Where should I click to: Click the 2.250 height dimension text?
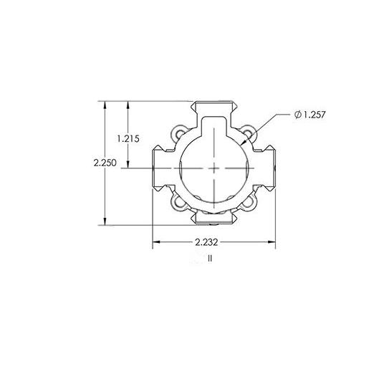[x=105, y=163]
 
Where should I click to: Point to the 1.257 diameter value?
[x=315, y=115]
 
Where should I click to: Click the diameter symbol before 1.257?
[x=297, y=115]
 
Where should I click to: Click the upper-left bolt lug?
[x=179, y=133]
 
